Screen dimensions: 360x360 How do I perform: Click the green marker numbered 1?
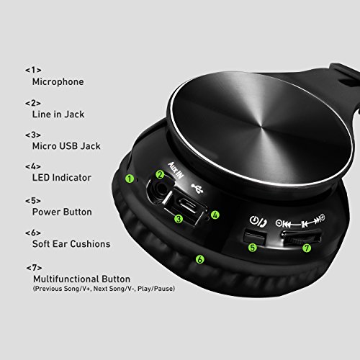click(130, 178)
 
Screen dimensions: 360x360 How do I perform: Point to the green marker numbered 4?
click(215, 214)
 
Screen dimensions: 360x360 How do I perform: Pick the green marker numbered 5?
click(253, 248)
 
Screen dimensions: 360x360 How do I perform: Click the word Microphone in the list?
click(58, 82)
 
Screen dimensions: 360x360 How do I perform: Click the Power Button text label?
click(62, 212)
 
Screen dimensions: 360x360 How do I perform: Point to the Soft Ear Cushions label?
click(71, 244)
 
